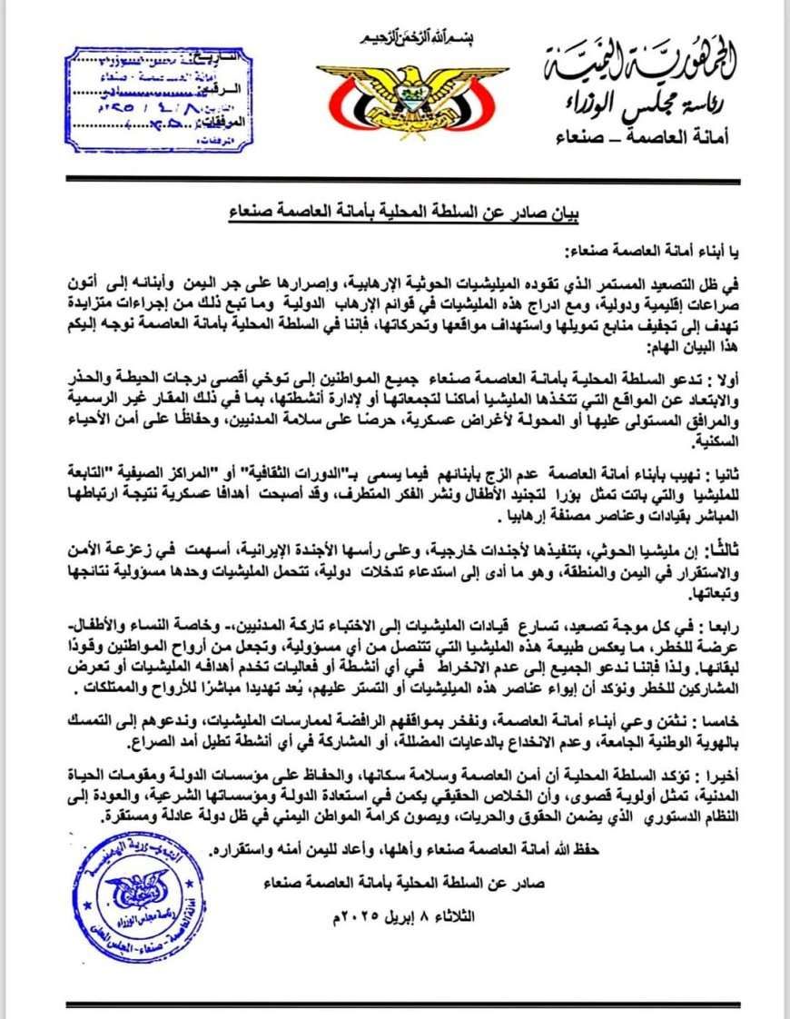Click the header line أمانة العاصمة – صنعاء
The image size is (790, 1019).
click(x=647, y=135)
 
